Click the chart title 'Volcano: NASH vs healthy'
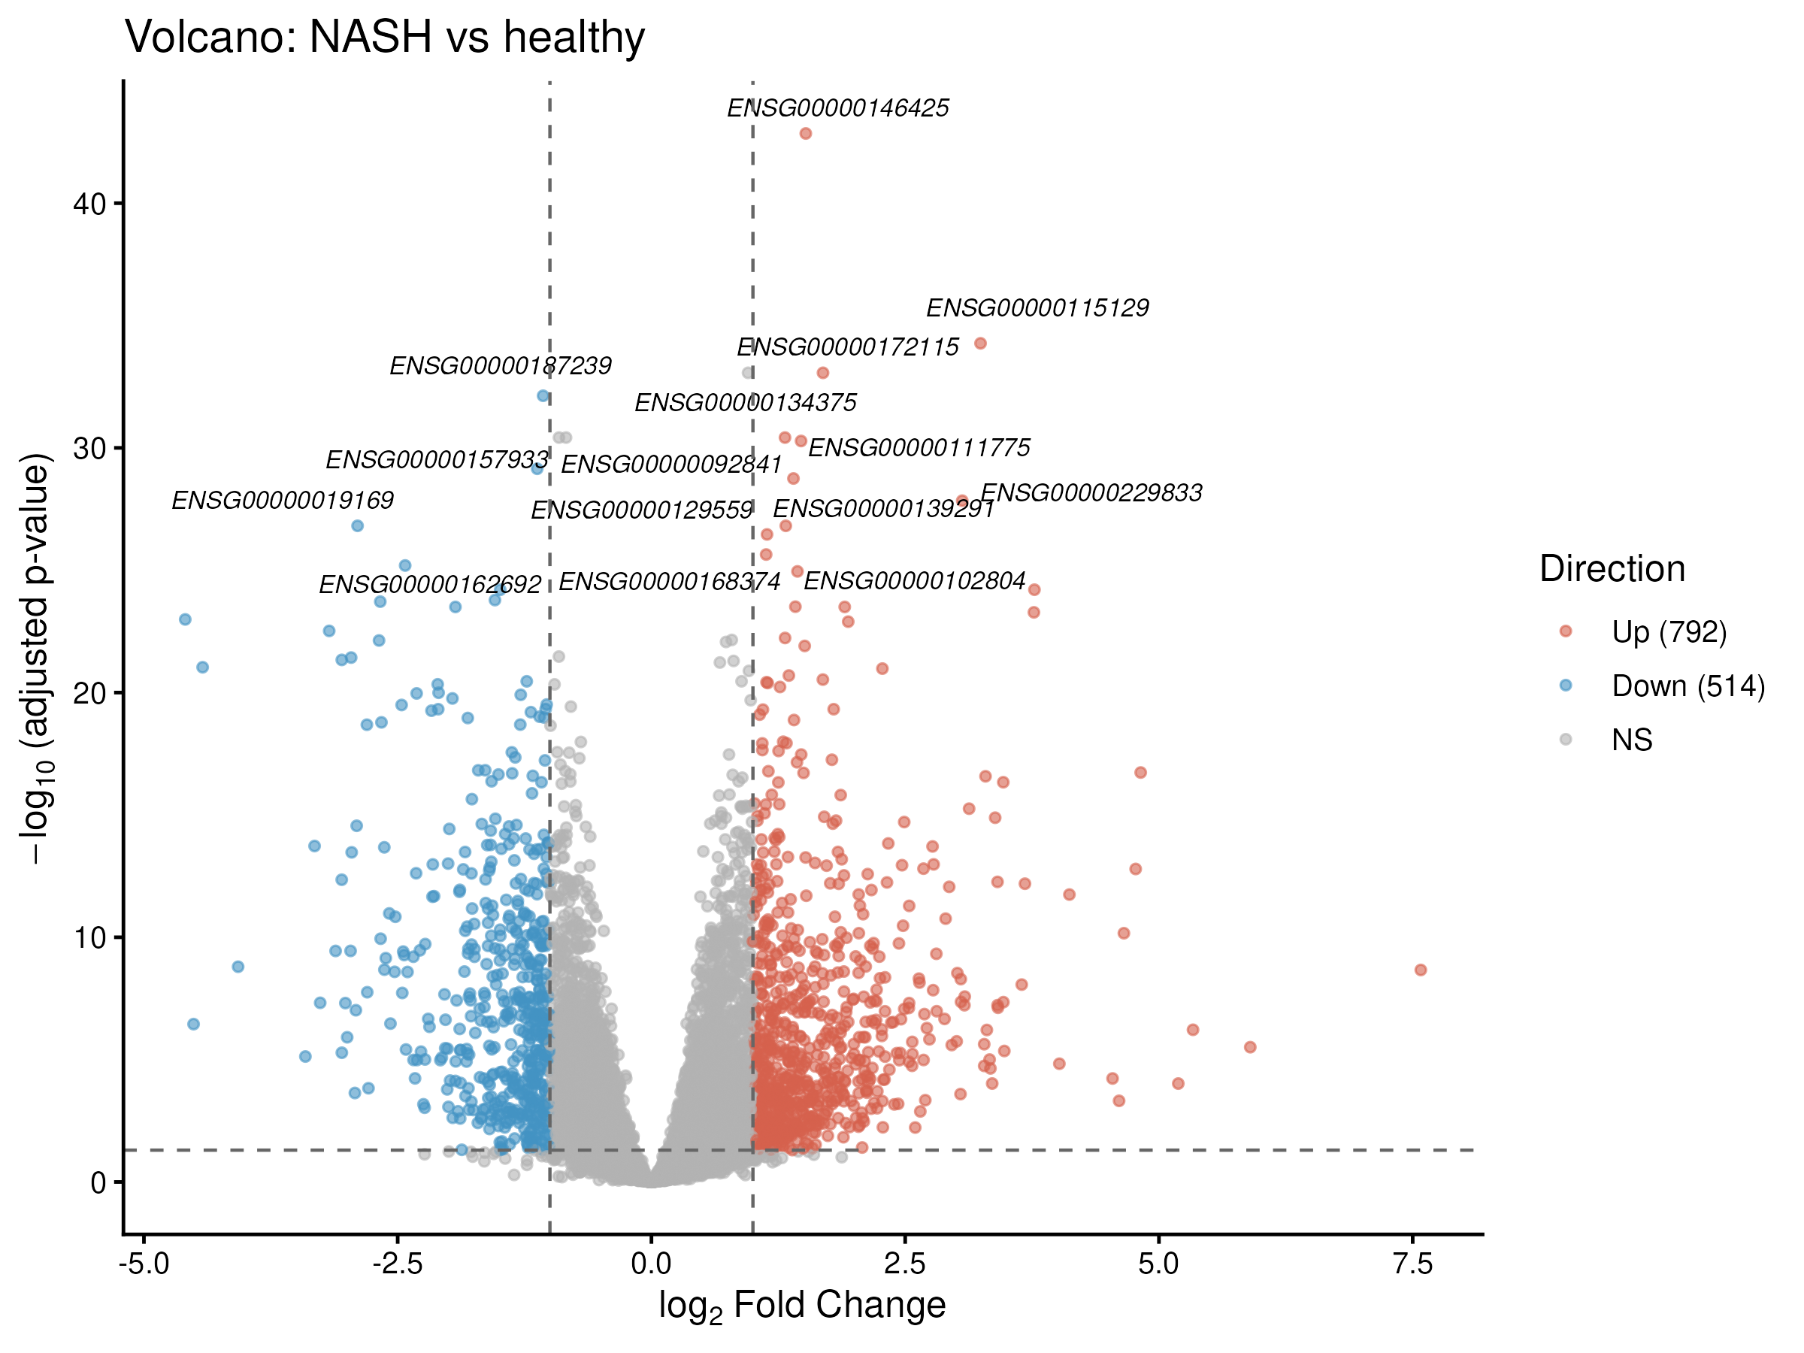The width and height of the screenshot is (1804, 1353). click(x=384, y=38)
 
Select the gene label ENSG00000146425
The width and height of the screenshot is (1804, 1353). click(x=837, y=108)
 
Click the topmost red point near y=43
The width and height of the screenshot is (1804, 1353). click(x=806, y=134)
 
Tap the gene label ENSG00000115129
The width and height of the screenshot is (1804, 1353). click(x=1037, y=308)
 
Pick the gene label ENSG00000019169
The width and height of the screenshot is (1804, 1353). click(x=282, y=501)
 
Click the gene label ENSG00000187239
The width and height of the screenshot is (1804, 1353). click(x=500, y=366)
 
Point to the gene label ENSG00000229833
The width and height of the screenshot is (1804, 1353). click(x=1091, y=493)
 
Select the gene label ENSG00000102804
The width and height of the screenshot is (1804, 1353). click(x=914, y=582)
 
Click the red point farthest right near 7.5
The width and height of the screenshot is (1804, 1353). click(x=1421, y=970)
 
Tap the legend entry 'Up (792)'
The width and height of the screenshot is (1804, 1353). click(x=1669, y=632)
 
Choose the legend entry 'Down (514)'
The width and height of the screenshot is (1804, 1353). click(x=1687, y=686)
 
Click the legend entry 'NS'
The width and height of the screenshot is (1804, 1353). click(x=1632, y=740)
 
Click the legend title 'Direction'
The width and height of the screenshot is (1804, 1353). click(x=1612, y=568)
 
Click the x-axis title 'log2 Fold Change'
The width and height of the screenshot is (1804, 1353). click(x=802, y=1306)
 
